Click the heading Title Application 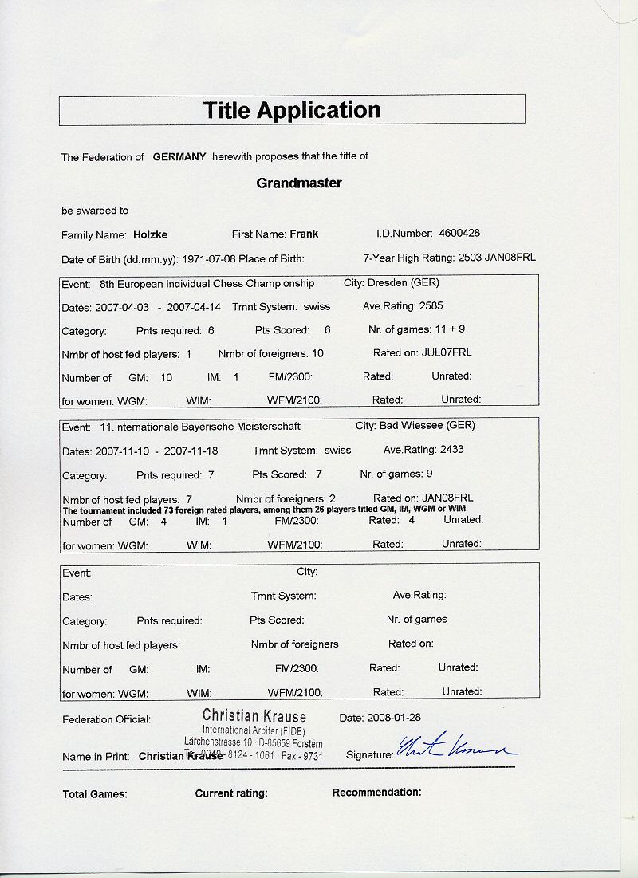(292, 110)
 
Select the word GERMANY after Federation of (179, 157)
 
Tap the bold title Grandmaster (299, 183)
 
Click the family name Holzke (151, 235)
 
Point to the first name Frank (304, 234)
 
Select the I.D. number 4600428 (459, 234)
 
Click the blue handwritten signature (457, 749)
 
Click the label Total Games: (95, 794)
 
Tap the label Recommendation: (376, 793)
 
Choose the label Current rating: (231, 793)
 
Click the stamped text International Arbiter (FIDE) (254, 730)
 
